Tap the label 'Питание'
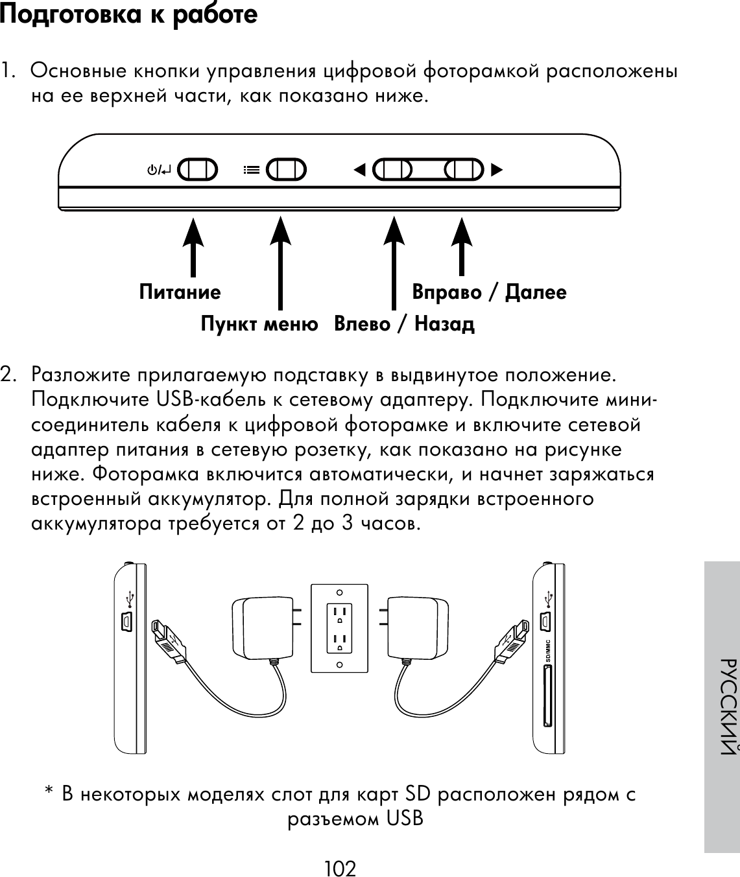pyautogui.click(x=180, y=292)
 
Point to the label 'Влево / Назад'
pyautogui.click(x=404, y=323)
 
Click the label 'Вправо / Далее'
pyautogui.click(x=490, y=292)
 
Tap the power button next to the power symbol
pyautogui.click(x=197, y=170)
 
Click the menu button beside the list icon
pyautogui.click(x=286, y=170)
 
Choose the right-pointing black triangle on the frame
pyautogui.click(x=497, y=170)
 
